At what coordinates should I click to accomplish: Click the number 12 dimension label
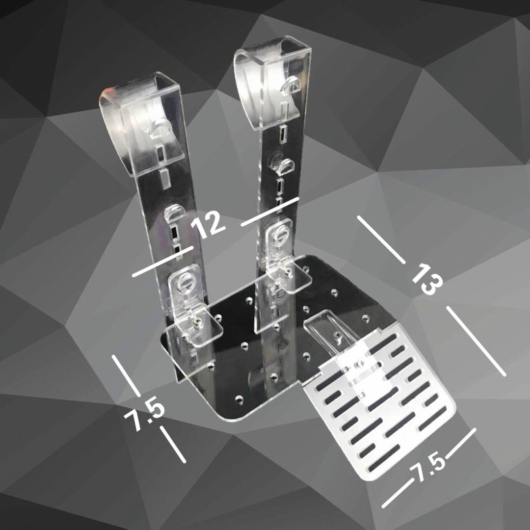coord(208,224)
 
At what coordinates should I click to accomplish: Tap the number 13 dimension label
coord(427,279)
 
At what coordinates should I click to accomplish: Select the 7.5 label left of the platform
coord(144,416)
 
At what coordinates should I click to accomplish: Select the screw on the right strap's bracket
coord(286,269)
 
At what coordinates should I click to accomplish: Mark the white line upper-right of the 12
coord(270,212)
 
